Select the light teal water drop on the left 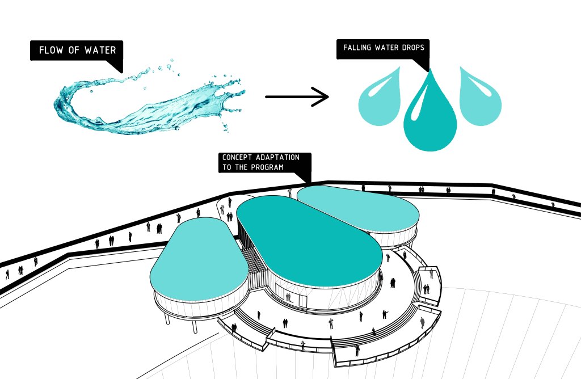378,100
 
